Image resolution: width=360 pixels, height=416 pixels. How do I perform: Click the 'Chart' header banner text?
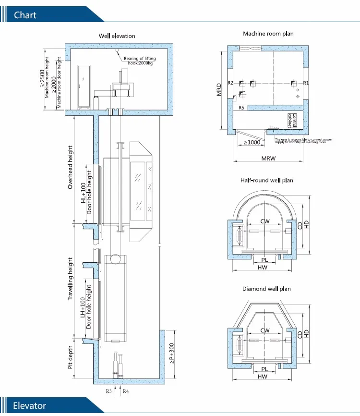click(25, 15)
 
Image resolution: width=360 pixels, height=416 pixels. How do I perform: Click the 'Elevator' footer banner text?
click(30, 405)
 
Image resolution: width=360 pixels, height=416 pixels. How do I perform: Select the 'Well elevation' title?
click(117, 36)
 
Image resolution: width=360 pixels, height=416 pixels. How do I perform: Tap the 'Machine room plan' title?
click(268, 34)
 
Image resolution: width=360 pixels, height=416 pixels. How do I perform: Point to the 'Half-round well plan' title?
click(266, 180)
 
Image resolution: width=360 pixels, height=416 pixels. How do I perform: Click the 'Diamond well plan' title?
click(266, 289)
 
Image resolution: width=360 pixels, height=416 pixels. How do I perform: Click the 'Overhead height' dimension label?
click(71, 167)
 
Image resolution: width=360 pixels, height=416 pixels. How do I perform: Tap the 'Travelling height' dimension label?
click(71, 279)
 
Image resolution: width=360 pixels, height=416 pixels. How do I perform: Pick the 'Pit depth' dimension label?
click(71, 357)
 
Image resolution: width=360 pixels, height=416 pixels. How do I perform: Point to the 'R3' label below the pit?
click(109, 392)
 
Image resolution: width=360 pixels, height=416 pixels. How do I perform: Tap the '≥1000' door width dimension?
click(252, 142)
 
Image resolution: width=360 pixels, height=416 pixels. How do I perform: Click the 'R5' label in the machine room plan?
click(242, 108)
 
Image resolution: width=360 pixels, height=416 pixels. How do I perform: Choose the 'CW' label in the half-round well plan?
click(264, 221)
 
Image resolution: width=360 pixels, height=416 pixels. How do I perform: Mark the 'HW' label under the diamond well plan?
click(263, 377)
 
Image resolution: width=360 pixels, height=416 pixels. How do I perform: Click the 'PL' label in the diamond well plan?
click(264, 368)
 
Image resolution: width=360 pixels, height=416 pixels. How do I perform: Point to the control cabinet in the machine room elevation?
click(84, 85)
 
